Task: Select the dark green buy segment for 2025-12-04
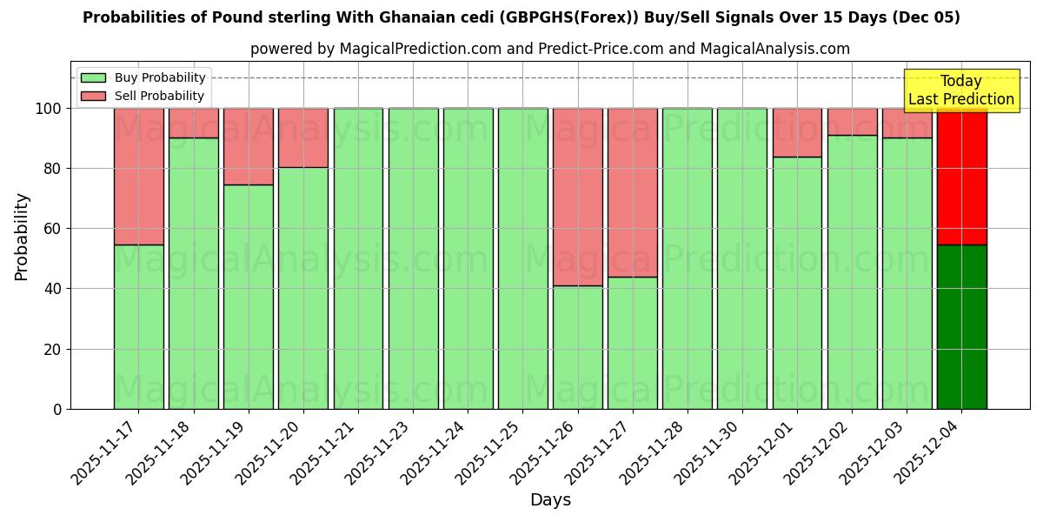point(961,327)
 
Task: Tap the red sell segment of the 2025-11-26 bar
point(578,197)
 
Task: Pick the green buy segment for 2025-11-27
point(633,343)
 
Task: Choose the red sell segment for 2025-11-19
point(249,146)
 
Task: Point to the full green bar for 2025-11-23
point(413,258)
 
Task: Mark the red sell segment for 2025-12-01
point(797,132)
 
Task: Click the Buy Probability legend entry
point(143,78)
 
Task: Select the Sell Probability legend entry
point(143,96)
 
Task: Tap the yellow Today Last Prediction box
point(960,90)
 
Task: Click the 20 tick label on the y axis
point(53,349)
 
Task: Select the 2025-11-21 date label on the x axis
point(323,452)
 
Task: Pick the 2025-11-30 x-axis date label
point(708,452)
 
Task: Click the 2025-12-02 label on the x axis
point(817,452)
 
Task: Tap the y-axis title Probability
point(22,237)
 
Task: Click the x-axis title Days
point(550,500)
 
